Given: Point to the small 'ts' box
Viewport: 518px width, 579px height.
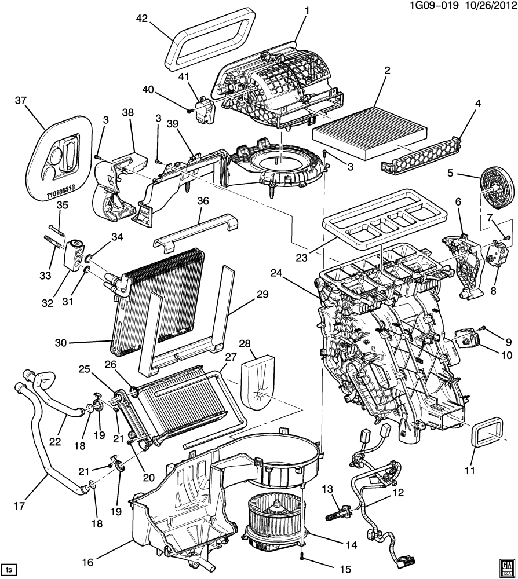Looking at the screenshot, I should coord(9,567).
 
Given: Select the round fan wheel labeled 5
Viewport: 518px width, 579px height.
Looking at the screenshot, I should coord(498,188).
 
